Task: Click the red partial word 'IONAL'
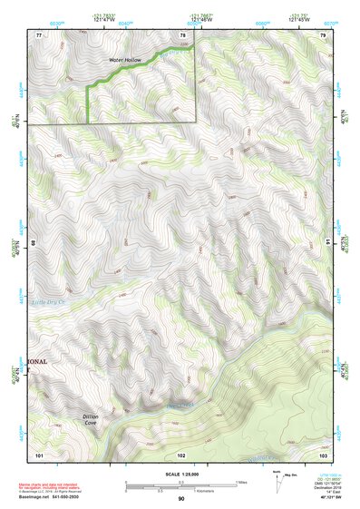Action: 38,360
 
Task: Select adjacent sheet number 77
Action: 38,34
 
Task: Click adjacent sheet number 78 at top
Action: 182,34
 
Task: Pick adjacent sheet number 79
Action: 323,34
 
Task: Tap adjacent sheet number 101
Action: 38,454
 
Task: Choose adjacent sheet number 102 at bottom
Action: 181,454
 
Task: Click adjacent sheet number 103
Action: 323,454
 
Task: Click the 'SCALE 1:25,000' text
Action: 181,473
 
